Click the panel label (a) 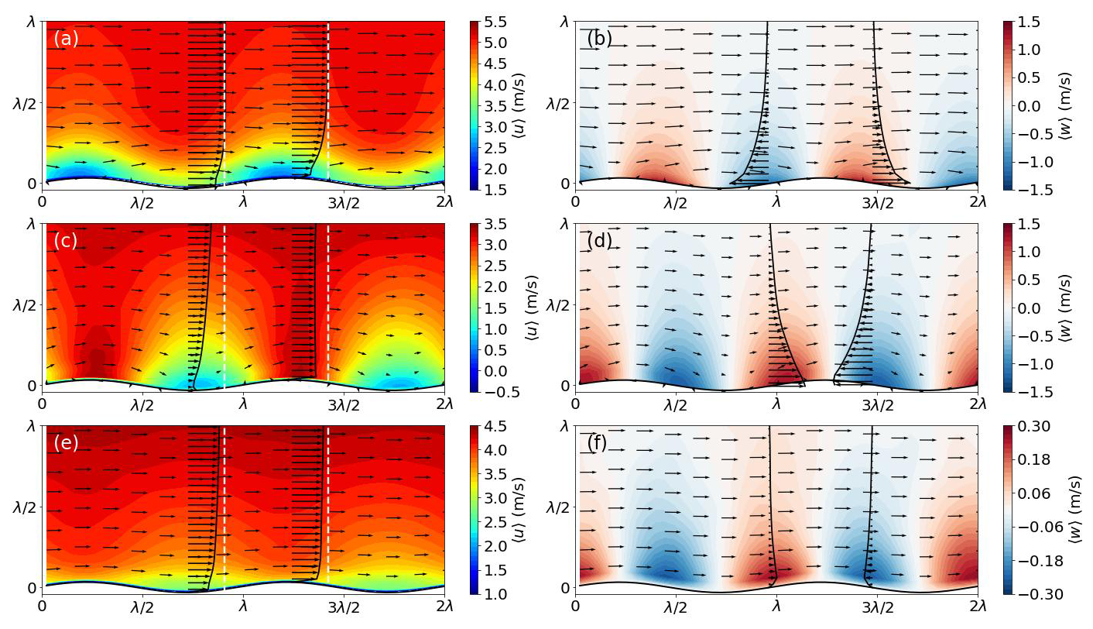pos(66,38)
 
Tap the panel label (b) pos(599,38)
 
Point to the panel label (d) pos(599,241)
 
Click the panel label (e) pos(66,443)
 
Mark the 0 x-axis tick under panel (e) pos(43,607)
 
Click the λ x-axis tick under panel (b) pos(776,202)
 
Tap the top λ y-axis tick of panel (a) pos(31,22)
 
